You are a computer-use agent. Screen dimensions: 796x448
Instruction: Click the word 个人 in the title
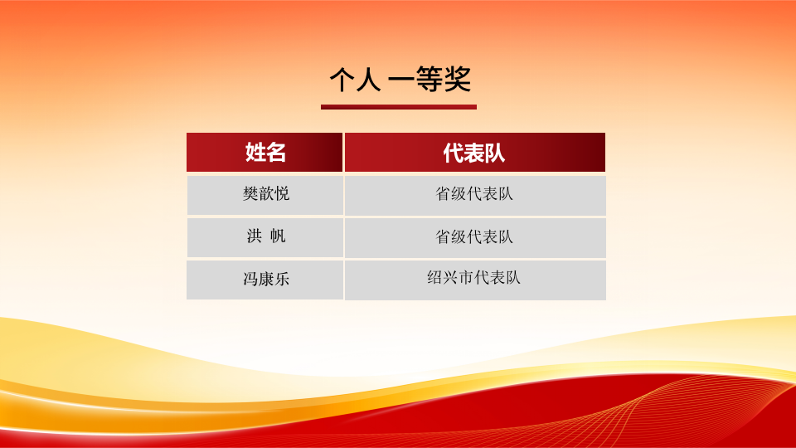[x=355, y=80]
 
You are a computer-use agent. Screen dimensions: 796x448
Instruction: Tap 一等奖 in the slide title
[x=430, y=80]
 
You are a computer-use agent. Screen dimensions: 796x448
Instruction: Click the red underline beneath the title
[x=399, y=107]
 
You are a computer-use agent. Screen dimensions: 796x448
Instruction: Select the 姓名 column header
[x=265, y=152]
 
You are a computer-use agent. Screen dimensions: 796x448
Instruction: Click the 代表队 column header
[x=474, y=152]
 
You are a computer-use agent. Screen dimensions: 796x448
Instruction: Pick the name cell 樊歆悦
[x=265, y=195]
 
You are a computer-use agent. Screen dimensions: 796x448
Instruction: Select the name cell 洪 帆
[x=265, y=237]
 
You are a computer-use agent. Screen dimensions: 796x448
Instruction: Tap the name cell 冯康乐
[x=265, y=280]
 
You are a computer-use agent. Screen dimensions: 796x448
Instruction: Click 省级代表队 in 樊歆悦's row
[x=474, y=194]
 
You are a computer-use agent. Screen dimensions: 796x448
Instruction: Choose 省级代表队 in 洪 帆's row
[x=474, y=236]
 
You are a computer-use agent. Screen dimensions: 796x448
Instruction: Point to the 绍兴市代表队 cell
[x=474, y=280]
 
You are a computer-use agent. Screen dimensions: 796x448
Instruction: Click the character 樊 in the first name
[x=250, y=193]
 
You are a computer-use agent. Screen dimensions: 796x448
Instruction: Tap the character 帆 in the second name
[x=278, y=236]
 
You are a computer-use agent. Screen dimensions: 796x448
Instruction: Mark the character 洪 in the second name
[x=254, y=236]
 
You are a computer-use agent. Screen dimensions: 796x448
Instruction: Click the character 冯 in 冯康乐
[x=250, y=279]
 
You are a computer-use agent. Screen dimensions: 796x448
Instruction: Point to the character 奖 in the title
[x=458, y=80]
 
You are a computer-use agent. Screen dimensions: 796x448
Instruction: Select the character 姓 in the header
[x=255, y=152]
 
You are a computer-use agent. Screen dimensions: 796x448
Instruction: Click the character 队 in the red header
[x=495, y=153]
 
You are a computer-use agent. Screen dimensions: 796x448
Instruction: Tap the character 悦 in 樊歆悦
[x=281, y=193]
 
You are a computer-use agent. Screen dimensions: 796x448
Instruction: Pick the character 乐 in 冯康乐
[x=281, y=279]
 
